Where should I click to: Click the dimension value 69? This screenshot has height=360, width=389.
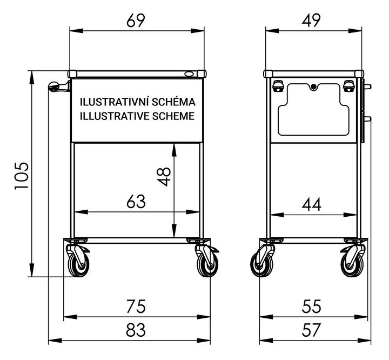(x=136, y=21)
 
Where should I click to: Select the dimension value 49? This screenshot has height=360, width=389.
(x=311, y=21)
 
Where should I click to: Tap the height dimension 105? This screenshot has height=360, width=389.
(x=22, y=176)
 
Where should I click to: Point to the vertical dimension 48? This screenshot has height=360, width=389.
(x=164, y=177)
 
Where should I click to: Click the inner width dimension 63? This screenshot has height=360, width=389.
(x=136, y=202)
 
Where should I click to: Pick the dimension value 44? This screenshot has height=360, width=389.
(x=311, y=204)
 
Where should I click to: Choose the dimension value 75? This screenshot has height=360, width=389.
(x=136, y=306)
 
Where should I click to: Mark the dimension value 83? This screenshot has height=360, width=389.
(x=136, y=330)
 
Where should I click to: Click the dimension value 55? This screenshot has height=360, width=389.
(x=311, y=306)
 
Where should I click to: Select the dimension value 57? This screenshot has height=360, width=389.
(x=311, y=330)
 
